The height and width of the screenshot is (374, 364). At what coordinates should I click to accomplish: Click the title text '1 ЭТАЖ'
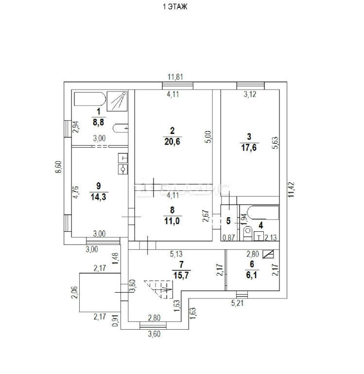coord(174,7)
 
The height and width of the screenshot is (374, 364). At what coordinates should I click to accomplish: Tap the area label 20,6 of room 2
coord(173,140)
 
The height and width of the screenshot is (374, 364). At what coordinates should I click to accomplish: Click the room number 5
coord(229,221)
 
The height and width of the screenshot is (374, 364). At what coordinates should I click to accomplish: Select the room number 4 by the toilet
coord(260,225)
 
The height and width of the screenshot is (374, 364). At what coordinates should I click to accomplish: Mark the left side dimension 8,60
coord(59,167)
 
